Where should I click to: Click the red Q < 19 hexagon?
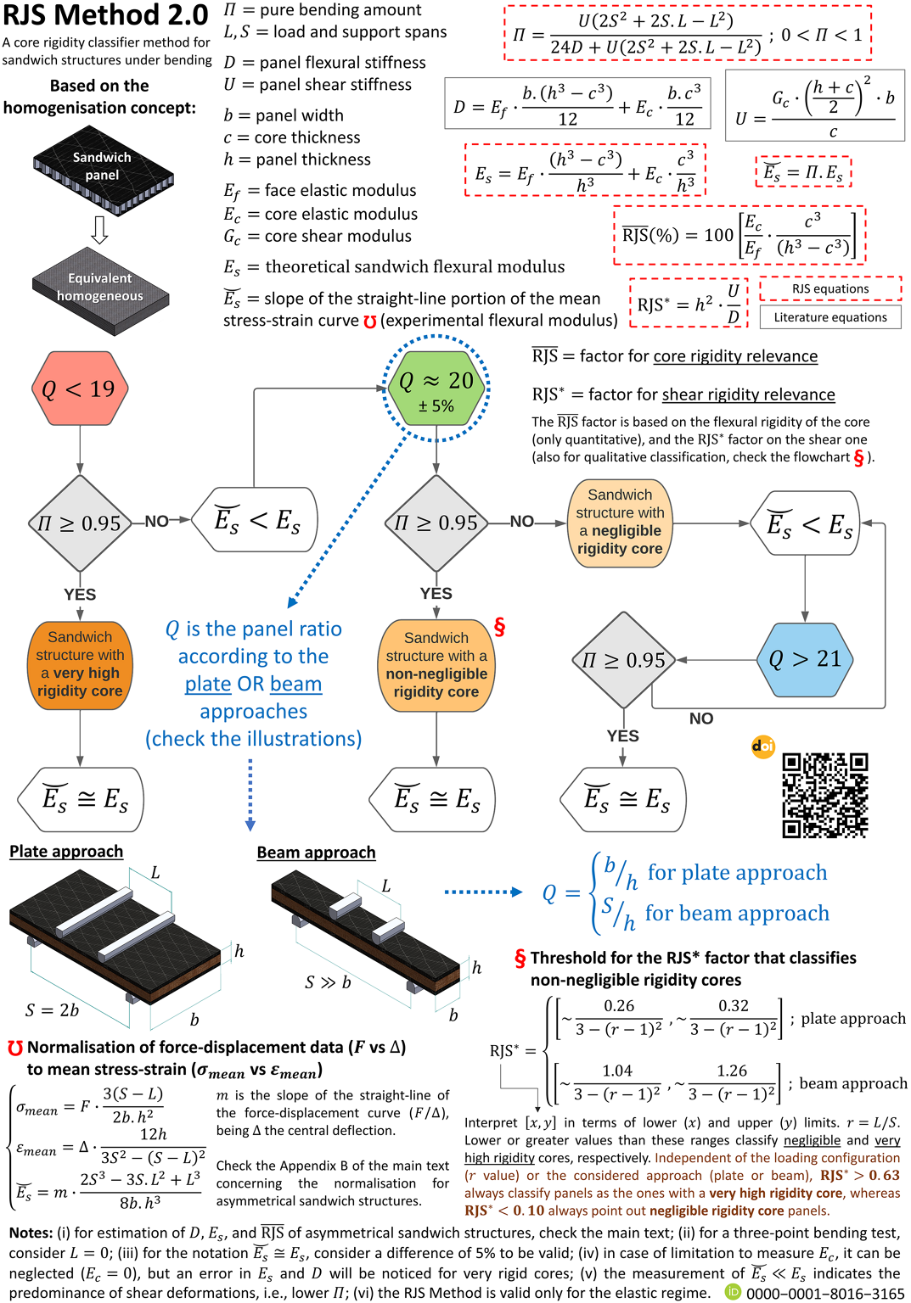(81, 388)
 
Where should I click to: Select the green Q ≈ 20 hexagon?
(436, 388)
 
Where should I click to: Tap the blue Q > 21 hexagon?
(805, 660)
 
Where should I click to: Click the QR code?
(825, 795)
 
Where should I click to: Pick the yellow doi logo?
(763, 747)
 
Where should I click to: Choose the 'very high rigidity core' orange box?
(81, 665)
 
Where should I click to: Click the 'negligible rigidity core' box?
(620, 523)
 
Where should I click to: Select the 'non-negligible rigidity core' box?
(436, 665)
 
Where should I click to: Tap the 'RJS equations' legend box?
(830, 288)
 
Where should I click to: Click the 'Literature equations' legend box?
(830, 317)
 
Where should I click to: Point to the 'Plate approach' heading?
(66, 851)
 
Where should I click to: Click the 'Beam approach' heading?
(316, 853)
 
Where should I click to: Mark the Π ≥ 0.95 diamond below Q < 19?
(81, 523)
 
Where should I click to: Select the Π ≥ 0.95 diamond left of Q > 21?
(624, 660)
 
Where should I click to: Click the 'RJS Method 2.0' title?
(105, 15)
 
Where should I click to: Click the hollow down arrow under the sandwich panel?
(100, 231)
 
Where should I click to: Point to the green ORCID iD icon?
(733, 1292)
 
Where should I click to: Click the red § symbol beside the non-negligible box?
(499, 627)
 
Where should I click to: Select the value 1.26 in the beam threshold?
(732, 1071)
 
